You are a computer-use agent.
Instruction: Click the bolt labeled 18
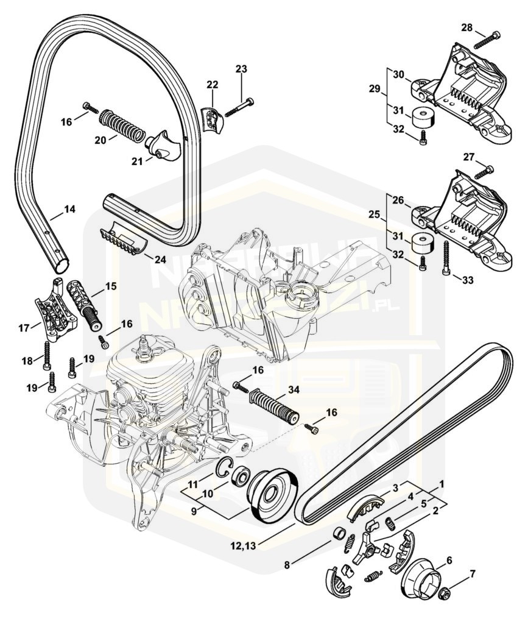[46, 352]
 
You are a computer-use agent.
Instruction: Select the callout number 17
[25, 328]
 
